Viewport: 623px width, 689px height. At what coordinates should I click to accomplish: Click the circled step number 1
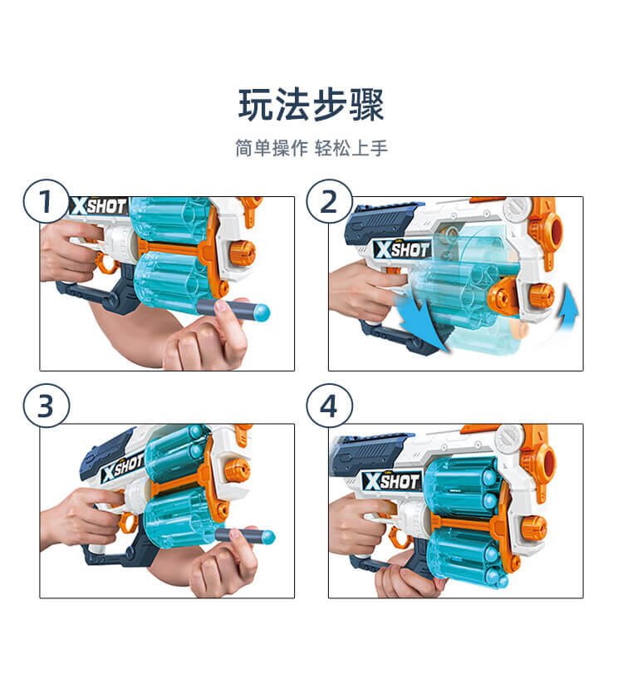pos(46,202)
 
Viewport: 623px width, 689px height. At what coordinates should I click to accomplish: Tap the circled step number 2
pos(329,202)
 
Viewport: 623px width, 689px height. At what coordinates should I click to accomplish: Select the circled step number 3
pos(46,405)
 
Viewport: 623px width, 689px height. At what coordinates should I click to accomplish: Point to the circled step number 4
pos(329,405)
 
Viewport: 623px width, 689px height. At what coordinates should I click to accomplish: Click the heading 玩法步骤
pos(311,105)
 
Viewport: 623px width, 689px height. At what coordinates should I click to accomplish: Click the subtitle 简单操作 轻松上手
pos(311,148)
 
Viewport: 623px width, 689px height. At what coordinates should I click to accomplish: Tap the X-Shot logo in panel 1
pos(99,205)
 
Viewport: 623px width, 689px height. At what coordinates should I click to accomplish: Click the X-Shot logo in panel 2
pos(402,249)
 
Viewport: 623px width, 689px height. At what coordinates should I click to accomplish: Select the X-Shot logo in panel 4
pos(392,480)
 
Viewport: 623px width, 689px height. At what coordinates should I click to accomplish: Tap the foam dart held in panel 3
pos(245,536)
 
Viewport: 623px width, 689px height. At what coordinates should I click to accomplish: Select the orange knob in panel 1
pos(242,253)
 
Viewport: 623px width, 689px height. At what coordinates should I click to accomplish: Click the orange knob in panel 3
pos(238,470)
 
